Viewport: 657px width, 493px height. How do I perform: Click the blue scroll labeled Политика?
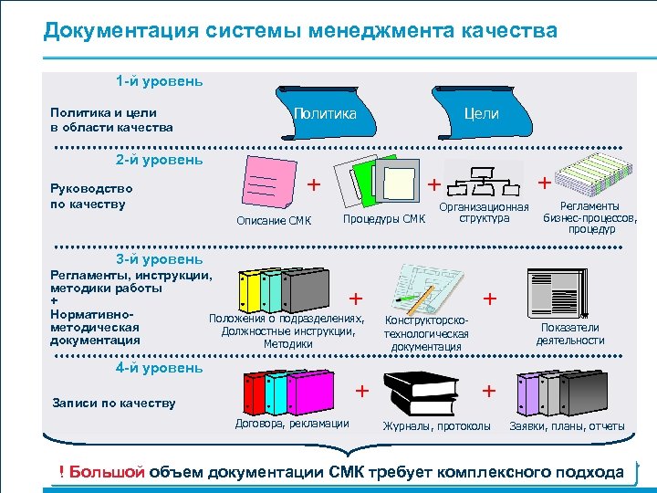(x=325, y=113)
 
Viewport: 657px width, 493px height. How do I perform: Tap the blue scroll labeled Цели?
(x=481, y=113)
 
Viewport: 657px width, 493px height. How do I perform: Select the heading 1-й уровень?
(x=159, y=80)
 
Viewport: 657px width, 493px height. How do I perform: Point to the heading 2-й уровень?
(x=159, y=160)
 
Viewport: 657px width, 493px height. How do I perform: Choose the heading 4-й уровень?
(x=159, y=368)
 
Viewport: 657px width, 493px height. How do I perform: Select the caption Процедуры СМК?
(x=383, y=219)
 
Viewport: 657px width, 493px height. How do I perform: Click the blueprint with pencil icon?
(x=428, y=289)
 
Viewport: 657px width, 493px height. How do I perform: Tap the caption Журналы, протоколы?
(x=436, y=426)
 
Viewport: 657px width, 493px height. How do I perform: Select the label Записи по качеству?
(x=114, y=403)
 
